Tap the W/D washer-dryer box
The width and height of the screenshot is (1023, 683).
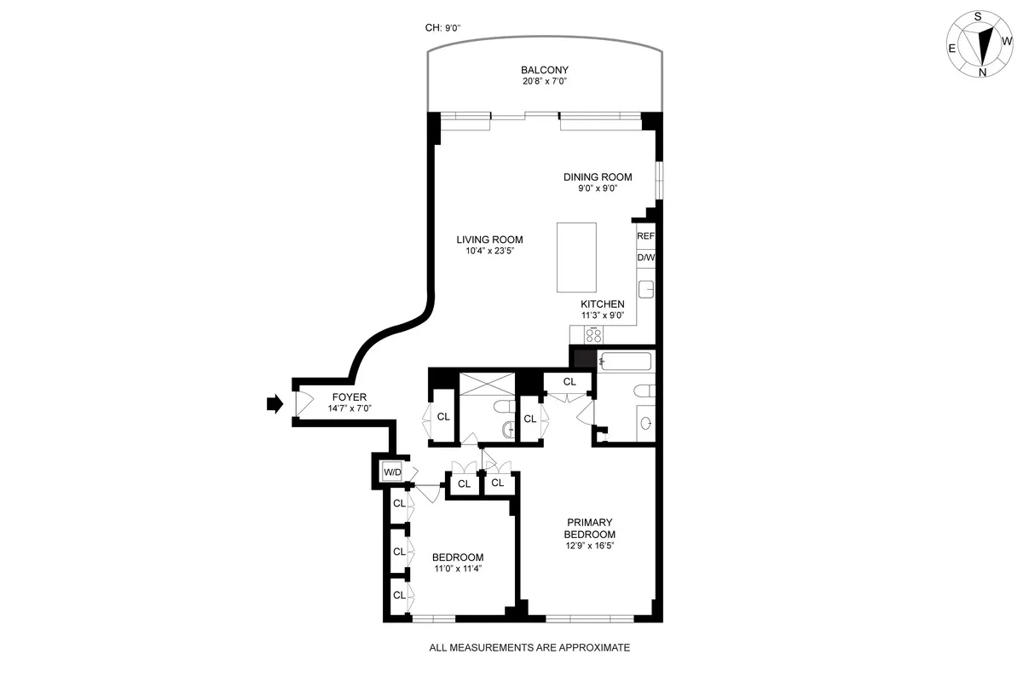tap(392, 472)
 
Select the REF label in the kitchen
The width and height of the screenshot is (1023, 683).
tap(645, 235)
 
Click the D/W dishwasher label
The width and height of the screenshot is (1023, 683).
tap(645, 258)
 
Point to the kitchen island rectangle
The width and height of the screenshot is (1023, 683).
tap(576, 257)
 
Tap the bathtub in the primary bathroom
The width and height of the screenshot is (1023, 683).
tap(625, 361)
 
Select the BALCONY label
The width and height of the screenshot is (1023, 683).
tap(545, 70)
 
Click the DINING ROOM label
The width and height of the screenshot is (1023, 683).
tap(598, 177)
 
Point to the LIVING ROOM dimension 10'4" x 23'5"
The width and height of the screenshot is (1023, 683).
tap(488, 252)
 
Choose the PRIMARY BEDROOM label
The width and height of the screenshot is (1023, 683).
tap(589, 529)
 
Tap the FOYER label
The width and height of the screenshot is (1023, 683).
tap(350, 396)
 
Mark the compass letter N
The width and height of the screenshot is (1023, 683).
tap(983, 72)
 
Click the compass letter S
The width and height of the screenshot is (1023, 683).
tap(977, 15)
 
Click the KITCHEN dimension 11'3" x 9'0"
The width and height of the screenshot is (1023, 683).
tap(603, 315)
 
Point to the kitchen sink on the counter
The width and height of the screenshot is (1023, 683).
tap(646, 288)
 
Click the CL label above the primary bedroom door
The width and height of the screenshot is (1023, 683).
tap(569, 381)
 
